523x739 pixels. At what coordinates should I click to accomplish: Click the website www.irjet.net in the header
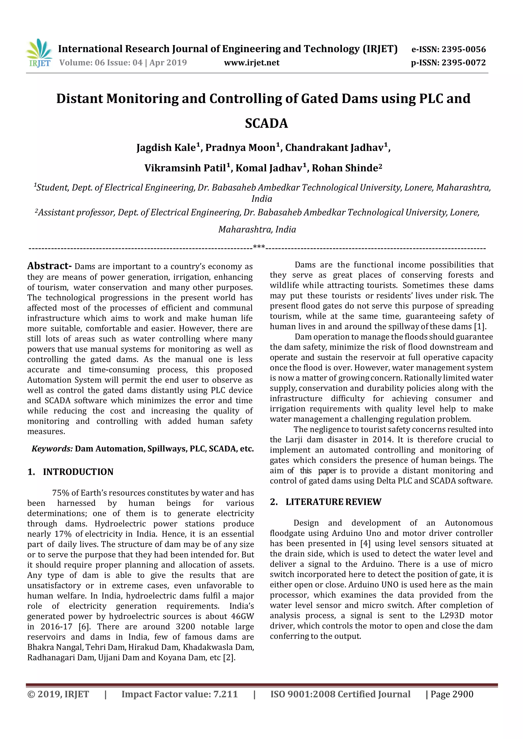pos(252,63)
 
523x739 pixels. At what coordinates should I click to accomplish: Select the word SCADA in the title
pos(266,123)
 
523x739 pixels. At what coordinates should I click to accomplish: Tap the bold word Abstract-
pos(49,266)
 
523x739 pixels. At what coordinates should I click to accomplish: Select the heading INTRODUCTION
pos(78,472)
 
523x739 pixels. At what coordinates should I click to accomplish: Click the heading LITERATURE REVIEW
pos(333,502)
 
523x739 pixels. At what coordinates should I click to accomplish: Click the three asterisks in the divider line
pos(259,248)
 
